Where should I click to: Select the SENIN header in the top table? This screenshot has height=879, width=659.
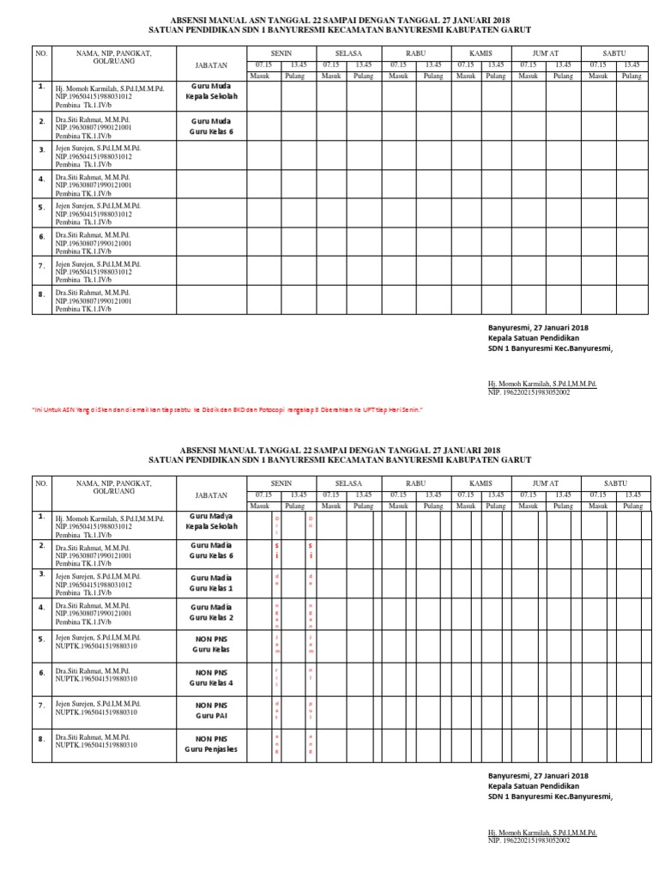coord(281,53)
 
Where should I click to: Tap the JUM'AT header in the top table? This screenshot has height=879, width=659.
coord(545,53)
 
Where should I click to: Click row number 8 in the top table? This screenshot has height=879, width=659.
coord(40,294)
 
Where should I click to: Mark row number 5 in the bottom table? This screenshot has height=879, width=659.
coord(40,638)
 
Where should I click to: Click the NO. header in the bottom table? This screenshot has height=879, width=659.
coord(40,484)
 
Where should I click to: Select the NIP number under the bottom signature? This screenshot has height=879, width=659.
coord(529,840)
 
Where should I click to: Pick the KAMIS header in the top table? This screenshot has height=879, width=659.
coord(480,53)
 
